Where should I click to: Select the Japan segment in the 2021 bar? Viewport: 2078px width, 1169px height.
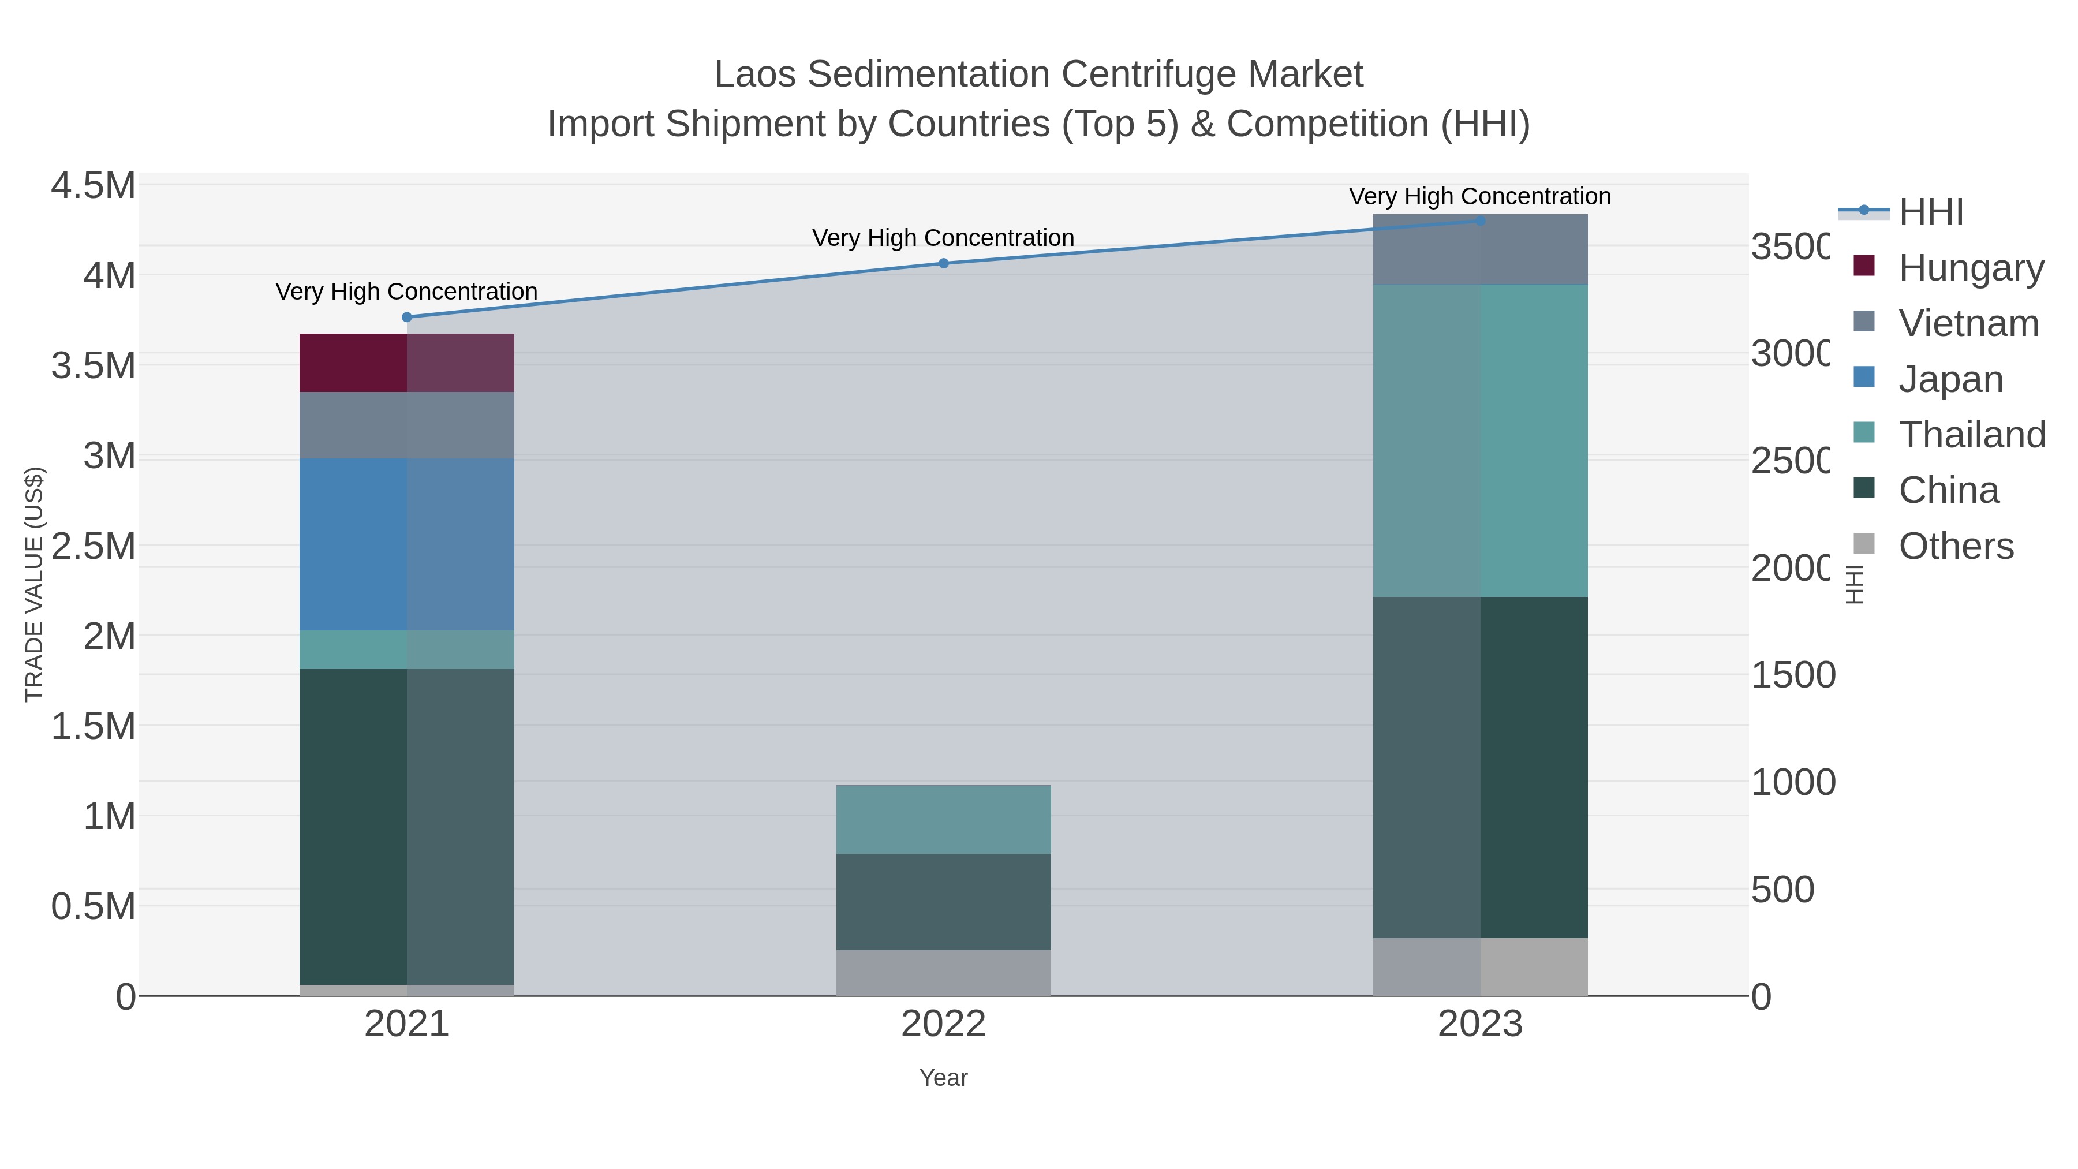[x=406, y=544]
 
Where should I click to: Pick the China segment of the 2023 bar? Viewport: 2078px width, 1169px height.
[x=1480, y=767]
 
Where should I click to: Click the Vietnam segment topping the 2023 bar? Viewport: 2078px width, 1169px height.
[x=1480, y=249]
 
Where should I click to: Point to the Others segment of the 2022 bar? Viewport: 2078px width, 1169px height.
[x=943, y=972]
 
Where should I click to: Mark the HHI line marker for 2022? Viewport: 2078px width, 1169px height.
[x=943, y=263]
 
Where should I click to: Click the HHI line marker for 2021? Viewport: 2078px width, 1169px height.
[x=406, y=317]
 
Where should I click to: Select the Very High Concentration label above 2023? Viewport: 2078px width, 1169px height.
[x=1479, y=196]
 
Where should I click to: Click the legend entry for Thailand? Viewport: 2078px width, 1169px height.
[x=1972, y=434]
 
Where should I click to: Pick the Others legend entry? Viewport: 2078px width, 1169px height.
[x=1956, y=546]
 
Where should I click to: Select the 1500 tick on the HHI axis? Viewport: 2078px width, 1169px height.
[x=1792, y=675]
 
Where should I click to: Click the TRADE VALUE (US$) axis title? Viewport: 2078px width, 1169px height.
[x=34, y=584]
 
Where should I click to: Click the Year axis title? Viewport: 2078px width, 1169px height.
[x=943, y=1078]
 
